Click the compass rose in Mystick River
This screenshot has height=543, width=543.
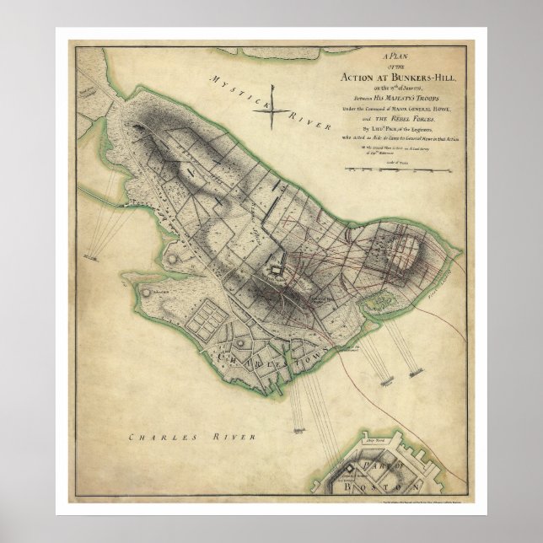(x=273, y=105)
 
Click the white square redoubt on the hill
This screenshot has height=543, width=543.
(x=274, y=271)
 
